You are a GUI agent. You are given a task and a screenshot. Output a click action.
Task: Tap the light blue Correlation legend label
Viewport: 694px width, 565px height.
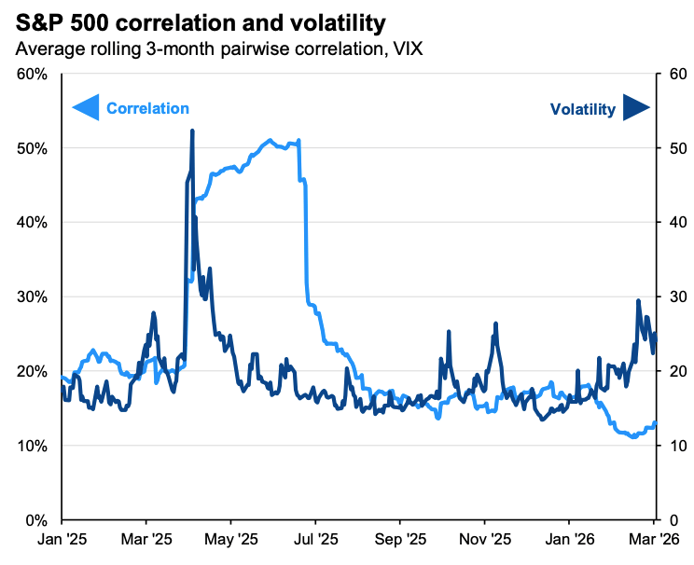(x=147, y=108)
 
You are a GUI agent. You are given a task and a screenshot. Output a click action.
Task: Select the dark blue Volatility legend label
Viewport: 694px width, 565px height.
(x=582, y=109)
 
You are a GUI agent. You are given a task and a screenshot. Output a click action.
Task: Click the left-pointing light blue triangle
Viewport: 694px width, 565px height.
(x=85, y=108)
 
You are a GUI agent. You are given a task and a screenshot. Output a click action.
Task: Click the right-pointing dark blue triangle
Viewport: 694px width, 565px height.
(x=636, y=108)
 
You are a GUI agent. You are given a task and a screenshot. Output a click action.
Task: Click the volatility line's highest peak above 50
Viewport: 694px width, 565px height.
(x=192, y=131)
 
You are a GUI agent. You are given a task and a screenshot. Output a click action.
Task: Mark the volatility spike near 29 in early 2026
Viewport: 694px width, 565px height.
(x=638, y=300)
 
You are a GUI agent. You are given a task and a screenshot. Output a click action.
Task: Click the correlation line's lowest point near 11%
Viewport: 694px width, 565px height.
(x=633, y=436)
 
